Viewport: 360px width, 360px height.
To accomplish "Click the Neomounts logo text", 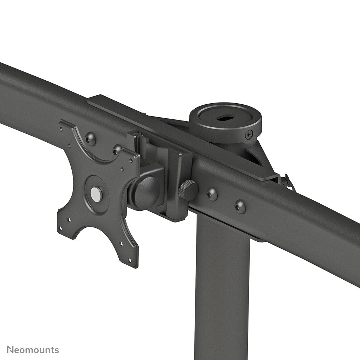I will coord(33,350).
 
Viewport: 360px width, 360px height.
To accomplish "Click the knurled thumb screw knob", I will coord(189,190).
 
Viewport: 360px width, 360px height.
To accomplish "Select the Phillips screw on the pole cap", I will coord(249,135).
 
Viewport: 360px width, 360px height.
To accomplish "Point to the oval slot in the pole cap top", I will coord(224,117).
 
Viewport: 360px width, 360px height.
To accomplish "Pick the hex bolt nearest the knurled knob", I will coord(212,194).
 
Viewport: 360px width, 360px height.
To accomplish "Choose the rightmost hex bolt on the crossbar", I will coord(240,206).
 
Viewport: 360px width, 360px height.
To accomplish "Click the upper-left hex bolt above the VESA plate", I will coord(90,138).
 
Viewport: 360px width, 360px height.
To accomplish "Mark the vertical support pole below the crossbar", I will coord(222,287).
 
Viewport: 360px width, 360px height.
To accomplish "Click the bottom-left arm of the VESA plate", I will coord(68,226).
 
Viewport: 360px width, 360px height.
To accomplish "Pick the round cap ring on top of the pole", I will coord(225,122).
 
